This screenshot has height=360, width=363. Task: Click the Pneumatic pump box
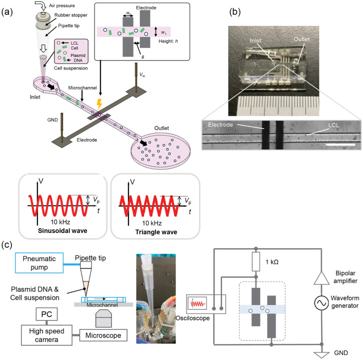[x=39, y=263]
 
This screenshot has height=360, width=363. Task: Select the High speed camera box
[x=46, y=335]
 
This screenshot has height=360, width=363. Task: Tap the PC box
[x=46, y=314]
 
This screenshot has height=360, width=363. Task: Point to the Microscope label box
[x=103, y=335]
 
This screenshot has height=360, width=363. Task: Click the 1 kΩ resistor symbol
[x=256, y=261]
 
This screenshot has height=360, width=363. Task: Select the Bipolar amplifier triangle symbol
[x=321, y=278]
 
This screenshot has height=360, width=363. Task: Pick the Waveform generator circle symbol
[x=321, y=302]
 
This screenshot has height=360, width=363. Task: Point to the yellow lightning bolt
[x=99, y=104]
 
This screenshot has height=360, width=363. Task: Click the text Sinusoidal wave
[x=62, y=230]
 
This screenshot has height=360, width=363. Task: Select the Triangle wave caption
[x=156, y=232]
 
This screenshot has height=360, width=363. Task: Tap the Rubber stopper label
[x=71, y=15]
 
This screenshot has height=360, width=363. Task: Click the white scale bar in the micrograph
[x=340, y=144]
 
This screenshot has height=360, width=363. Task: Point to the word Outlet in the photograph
[x=301, y=39]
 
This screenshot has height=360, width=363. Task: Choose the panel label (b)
[x=234, y=12]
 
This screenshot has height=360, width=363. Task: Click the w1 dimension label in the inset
[x=163, y=32]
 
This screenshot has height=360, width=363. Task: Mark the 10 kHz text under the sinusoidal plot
[x=60, y=222]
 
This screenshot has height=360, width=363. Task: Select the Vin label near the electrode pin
[x=142, y=74]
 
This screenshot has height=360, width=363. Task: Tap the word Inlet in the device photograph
[x=255, y=40]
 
